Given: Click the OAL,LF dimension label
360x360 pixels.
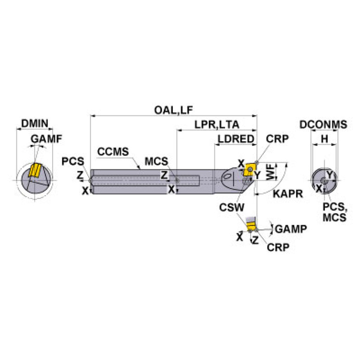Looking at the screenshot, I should [174, 110].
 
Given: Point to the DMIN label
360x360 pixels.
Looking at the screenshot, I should [35, 124].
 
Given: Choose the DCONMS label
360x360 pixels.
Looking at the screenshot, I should [323, 124].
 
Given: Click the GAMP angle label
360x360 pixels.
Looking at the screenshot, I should [291, 229].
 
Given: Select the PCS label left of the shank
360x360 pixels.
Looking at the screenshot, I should [73, 161].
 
